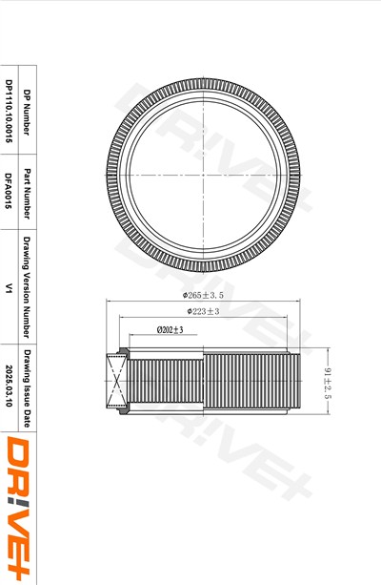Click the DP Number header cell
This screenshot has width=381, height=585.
(x=28, y=110)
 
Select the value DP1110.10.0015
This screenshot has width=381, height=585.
(x=9, y=111)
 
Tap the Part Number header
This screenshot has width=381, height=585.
(x=28, y=192)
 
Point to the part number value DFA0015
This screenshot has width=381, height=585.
(x=9, y=191)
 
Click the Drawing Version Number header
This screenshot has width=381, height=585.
(x=28, y=286)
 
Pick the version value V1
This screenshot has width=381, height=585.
(x=9, y=288)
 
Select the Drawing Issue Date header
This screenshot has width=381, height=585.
(x=28, y=388)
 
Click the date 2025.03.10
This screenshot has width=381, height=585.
(x=9, y=386)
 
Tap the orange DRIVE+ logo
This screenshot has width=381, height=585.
(x=18, y=509)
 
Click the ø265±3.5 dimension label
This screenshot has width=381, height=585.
(x=203, y=295)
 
